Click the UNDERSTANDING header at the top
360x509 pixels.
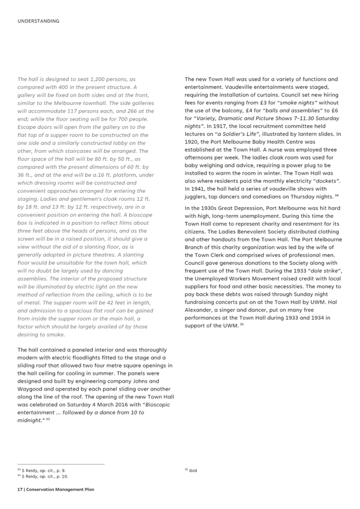38,21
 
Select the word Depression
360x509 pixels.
245,208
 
